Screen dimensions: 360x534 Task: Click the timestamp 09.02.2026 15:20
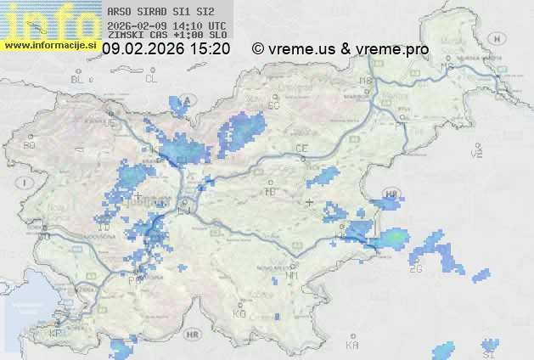[x=166, y=49]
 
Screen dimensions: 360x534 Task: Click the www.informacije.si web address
[x=51, y=44]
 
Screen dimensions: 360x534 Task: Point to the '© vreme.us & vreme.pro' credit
[x=340, y=49]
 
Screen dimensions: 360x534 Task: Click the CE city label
[x=301, y=149]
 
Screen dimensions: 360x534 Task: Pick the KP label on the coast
[x=56, y=334]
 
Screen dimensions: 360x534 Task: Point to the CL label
[x=151, y=79]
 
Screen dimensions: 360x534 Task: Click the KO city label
[x=239, y=313]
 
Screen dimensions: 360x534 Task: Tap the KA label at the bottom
[x=352, y=346]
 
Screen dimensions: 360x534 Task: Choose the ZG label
[x=415, y=269]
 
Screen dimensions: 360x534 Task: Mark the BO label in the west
[x=30, y=145]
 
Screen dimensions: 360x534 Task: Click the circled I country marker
[x=26, y=183]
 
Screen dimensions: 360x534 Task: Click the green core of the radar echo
[x=396, y=238]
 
